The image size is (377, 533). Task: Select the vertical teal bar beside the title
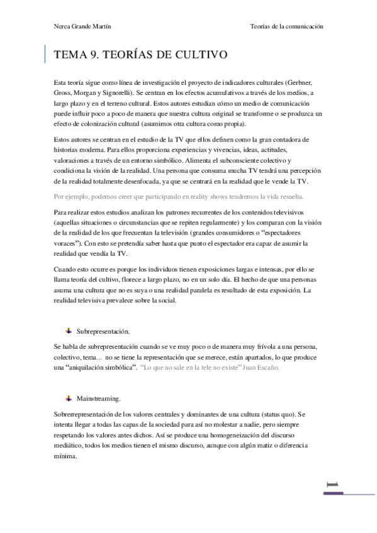click(x=45, y=55)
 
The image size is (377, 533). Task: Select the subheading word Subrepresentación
click(x=103, y=330)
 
